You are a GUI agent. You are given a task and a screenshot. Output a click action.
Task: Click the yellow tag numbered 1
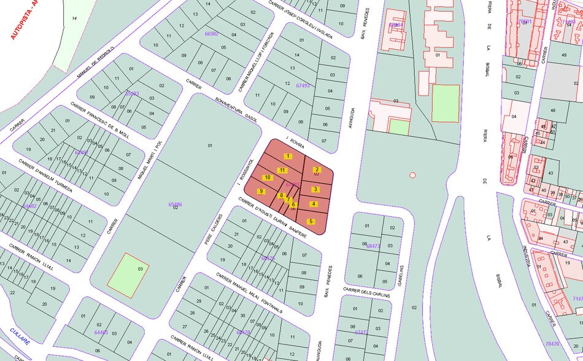click(287, 157)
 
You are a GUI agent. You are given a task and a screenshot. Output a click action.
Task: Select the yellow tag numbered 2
click(317, 169)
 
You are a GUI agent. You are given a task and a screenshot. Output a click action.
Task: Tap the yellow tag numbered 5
click(311, 221)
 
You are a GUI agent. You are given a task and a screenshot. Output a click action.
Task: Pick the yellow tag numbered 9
click(261, 192)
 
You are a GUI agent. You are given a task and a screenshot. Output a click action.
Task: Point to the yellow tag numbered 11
click(282, 170)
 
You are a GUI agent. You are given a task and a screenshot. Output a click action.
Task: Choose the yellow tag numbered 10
click(268, 178)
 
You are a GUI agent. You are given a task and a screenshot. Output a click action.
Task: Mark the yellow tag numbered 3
click(315, 189)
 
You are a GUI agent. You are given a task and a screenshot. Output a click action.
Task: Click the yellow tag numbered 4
click(313, 204)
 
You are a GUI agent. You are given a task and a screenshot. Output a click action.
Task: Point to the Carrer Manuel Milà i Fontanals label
click(248, 292)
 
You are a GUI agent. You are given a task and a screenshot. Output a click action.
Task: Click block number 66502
click(211, 34)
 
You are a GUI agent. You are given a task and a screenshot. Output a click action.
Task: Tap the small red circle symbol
click(412, 175)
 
